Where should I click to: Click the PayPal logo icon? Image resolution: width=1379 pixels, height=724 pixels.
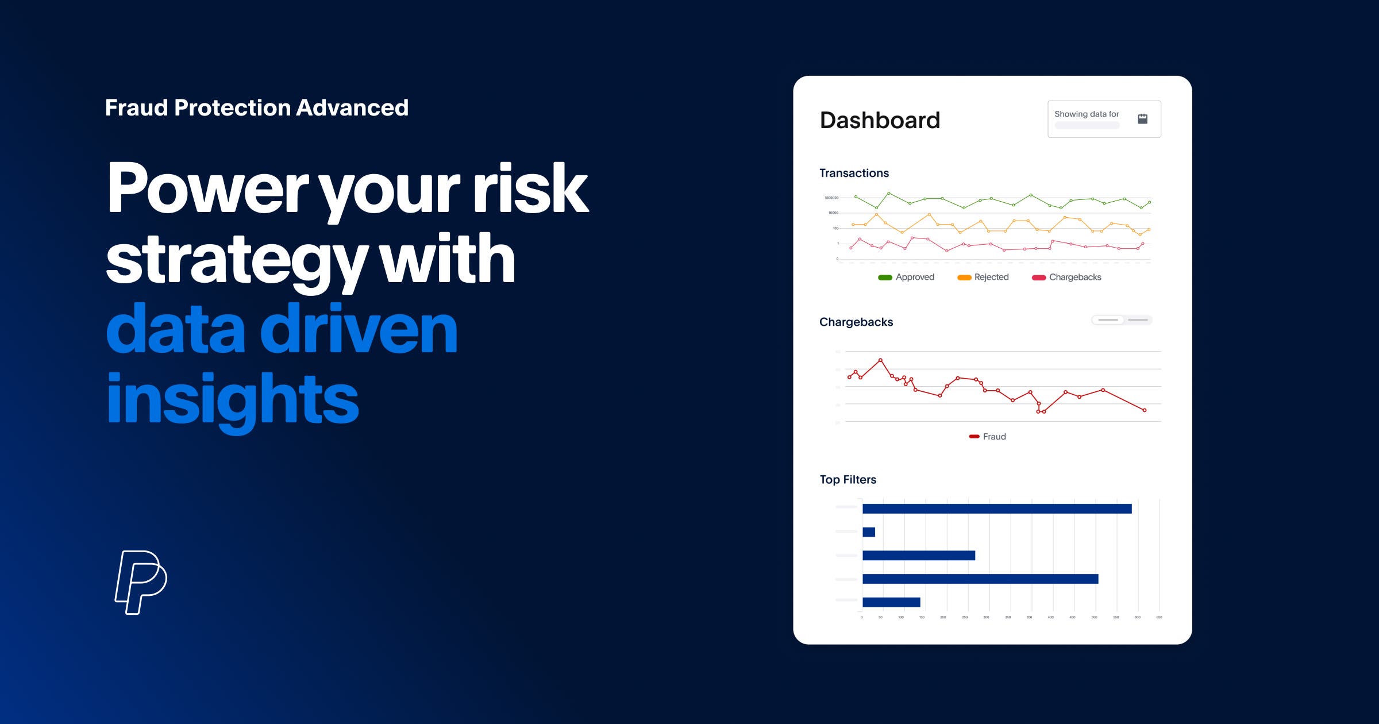coord(141,582)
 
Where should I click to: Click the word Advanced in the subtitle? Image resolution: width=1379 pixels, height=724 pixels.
coord(352,108)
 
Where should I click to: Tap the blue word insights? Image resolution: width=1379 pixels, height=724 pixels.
coord(233,399)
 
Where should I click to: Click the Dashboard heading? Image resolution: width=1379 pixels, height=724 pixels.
coord(880,120)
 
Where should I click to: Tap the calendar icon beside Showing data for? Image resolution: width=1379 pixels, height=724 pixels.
coord(1142,119)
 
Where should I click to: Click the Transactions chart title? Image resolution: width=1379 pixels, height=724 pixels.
coord(854,173)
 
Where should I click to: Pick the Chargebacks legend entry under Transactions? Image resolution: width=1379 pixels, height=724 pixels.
coord(1067,277)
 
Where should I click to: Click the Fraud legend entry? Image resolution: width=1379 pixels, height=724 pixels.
coord(988,437)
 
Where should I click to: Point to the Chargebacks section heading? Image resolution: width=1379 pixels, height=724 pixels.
coord(856,322)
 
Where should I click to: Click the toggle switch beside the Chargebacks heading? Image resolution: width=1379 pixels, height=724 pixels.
coord(1122,320)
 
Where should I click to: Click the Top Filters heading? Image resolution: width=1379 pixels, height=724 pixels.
coord(848,480)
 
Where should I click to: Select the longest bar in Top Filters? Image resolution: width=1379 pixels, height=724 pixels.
coord(997,509)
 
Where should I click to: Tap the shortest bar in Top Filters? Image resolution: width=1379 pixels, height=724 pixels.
coord(869,532)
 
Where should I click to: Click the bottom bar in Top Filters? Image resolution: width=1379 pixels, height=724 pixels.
coord(891,602)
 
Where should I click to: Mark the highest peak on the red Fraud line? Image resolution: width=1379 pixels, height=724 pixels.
coord(880,360)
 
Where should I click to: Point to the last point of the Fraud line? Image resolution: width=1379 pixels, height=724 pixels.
coord(1145,410)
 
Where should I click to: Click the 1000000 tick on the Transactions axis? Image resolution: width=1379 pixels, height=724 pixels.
coord(831,198)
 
